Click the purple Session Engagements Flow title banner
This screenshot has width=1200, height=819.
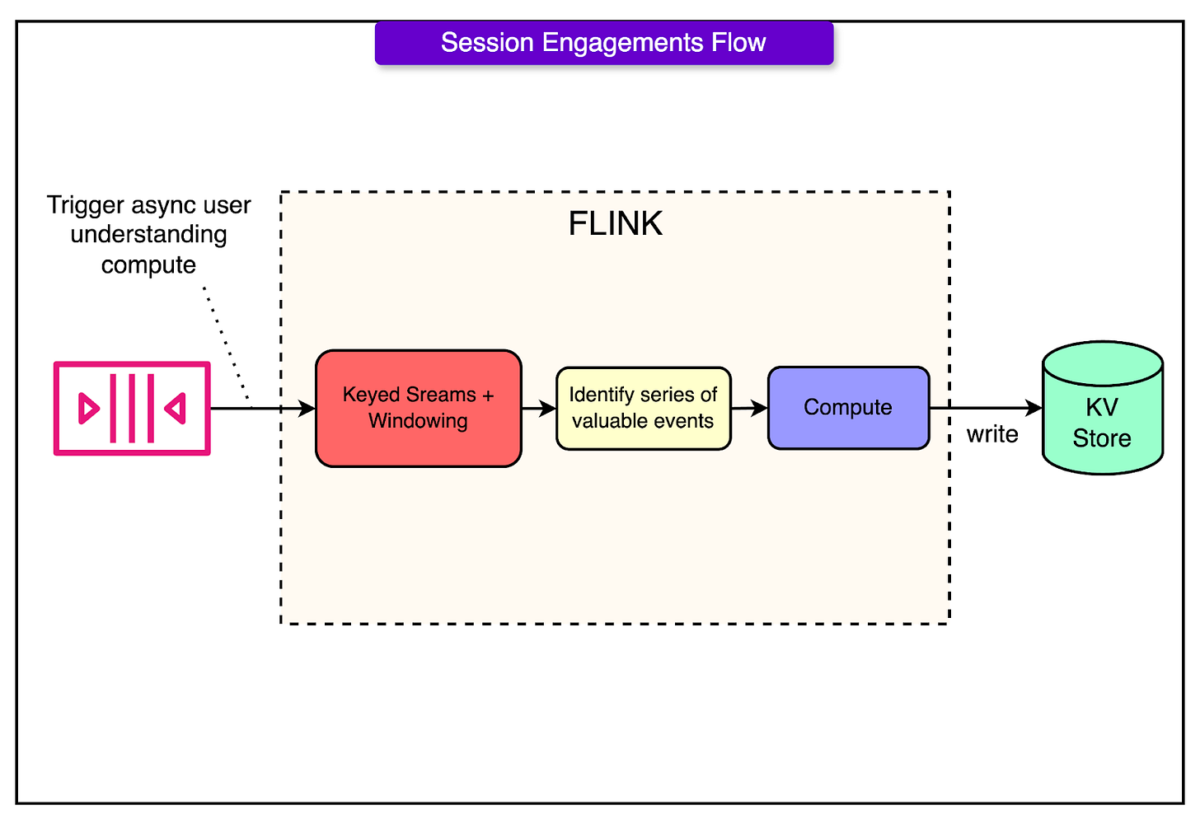(604, 43)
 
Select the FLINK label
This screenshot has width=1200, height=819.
(615, 223)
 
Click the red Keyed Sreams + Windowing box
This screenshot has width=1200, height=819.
(419, 408)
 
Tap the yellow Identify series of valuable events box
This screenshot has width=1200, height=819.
(644, 408)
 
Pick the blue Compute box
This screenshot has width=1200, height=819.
(848, 408)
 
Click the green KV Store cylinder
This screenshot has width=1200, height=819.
(1103, 408)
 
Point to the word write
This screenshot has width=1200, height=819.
(992, 434)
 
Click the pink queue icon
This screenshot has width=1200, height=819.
(132, 408)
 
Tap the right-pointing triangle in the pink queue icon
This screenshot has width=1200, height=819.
(88, 409)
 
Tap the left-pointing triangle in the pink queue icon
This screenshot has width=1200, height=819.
(176, 409)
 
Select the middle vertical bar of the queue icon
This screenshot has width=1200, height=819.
(132, 408)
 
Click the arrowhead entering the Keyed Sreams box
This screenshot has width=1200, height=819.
(307, 408)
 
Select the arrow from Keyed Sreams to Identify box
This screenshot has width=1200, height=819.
(539, 408)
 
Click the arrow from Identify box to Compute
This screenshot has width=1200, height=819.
(749, 408)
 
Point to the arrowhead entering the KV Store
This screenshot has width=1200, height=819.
(1034, 408)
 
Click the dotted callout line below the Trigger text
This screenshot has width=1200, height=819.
(227, 344)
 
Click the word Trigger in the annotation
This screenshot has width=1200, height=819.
(86, 206)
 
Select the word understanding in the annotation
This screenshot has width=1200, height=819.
(148, 235)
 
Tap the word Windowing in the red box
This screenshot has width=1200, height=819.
(418, 421)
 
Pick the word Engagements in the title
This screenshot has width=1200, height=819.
(622, 44)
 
